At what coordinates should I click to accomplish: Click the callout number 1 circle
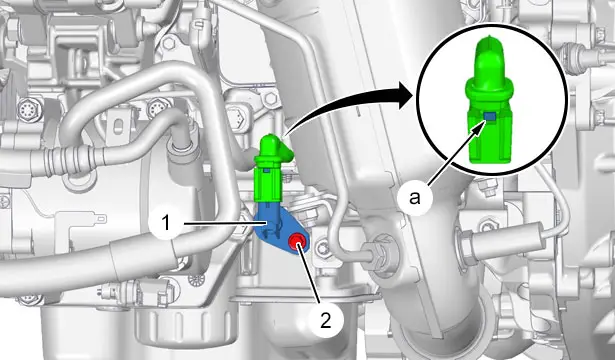point(166,224)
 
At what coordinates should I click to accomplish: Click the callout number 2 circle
point(326,320)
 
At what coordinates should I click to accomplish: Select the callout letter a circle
point(415,198)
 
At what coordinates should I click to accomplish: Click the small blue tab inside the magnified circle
point(490,116)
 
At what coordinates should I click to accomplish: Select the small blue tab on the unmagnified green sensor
point(266,171)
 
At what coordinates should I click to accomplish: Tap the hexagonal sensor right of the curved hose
point(238,116)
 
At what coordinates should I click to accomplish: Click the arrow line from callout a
point(456,154)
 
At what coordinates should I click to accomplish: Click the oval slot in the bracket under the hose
point(117,127)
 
